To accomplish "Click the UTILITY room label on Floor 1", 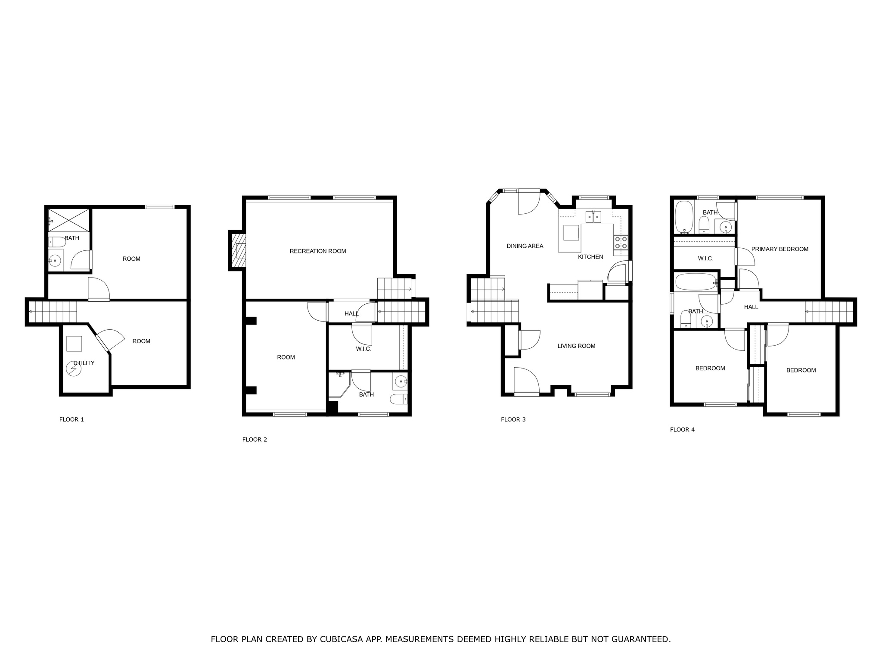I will tap(84, 363).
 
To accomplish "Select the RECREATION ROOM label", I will tap(317, 251).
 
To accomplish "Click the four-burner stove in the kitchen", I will tap(621, 243).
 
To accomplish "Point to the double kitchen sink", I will tap(593, 217).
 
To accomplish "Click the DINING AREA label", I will tap(525, 246).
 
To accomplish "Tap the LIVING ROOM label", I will tap(576, 346).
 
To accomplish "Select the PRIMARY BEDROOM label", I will tap(780, 249).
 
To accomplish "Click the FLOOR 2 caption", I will tap(255, 440).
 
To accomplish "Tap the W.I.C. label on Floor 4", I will tap(705, 259).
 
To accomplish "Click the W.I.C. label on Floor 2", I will tap(363, 349).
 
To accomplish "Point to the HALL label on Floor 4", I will tap(751, 307).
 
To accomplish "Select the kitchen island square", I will tap(571, 232).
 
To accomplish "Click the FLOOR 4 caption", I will tap(682, 430).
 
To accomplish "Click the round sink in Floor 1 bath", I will tap(55, 261).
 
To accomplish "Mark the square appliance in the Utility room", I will tap(74, 343).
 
